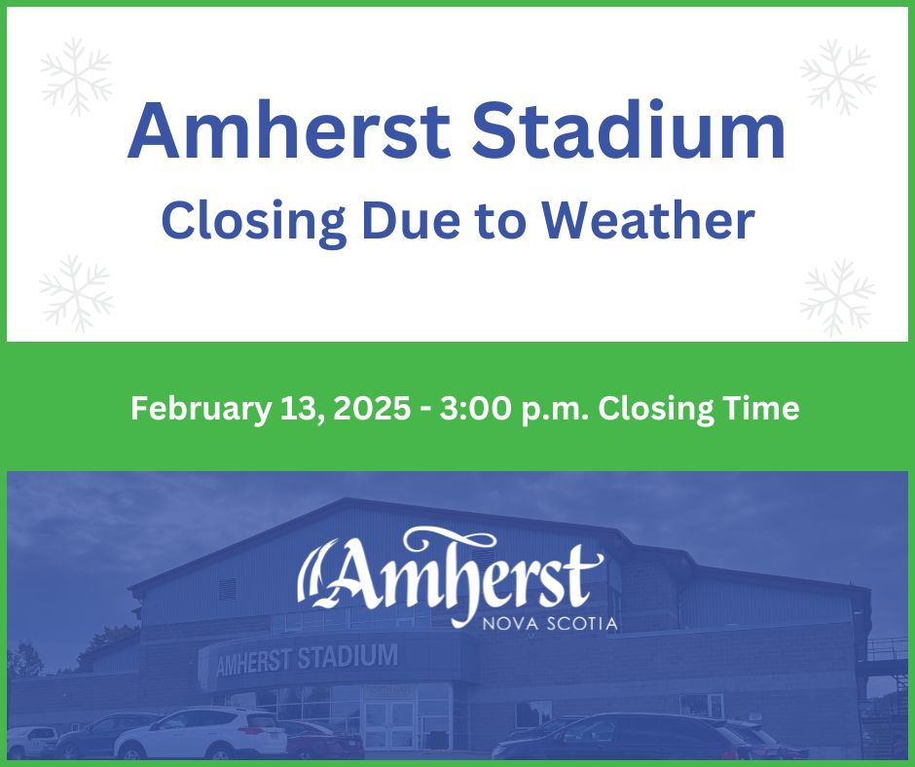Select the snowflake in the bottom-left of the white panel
(x=76, y=291)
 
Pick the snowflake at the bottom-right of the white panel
(x=837, y=297)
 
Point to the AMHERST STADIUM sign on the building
(x=306, y=659)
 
